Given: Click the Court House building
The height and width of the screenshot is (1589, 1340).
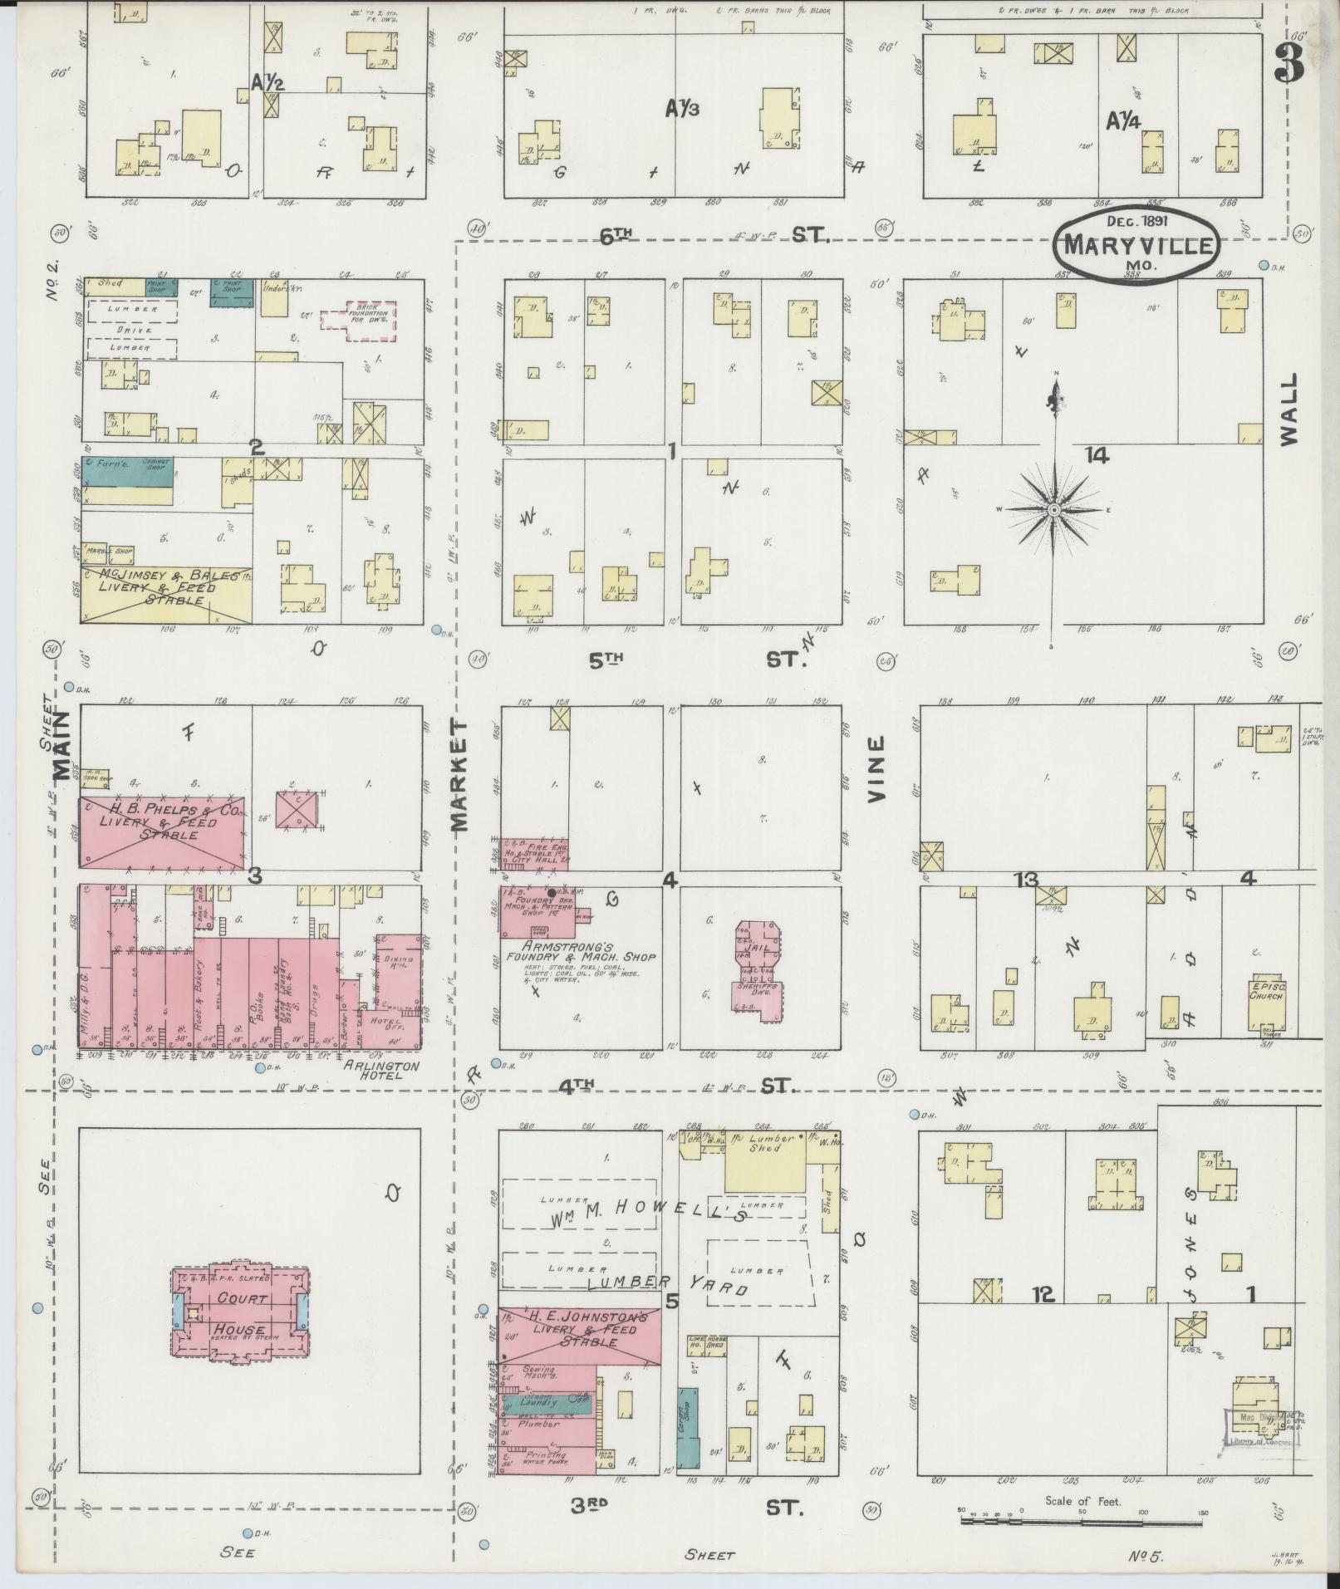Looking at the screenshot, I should point(241,1312).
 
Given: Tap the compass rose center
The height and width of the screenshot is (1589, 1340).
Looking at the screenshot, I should point(1053,509).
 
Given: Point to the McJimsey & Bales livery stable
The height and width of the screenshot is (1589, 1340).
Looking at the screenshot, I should point(165,594).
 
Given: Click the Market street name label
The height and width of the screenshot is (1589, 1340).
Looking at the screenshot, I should point(460,776).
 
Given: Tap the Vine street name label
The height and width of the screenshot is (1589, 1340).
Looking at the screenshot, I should point(876,770).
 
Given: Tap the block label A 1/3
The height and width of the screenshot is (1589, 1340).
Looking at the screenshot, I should point(681,108).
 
